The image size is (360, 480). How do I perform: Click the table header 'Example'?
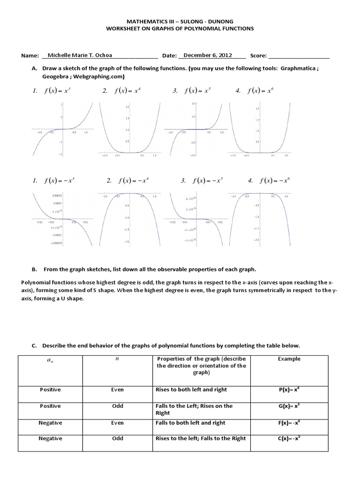[289, 359]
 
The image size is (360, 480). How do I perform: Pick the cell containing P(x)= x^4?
[289, 390]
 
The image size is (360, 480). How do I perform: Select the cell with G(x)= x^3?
[289, 406]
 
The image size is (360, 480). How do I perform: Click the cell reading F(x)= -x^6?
[289, 422]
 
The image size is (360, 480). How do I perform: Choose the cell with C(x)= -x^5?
[289, 438]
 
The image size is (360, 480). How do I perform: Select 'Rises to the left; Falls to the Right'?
[200, 438]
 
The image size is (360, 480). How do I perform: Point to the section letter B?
[34, 270]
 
